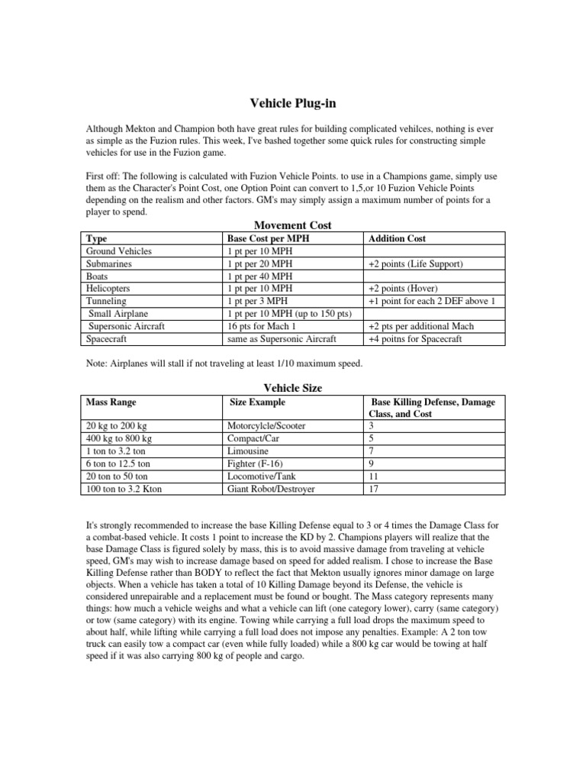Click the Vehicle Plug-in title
[292, 103]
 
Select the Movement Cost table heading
[292, 225]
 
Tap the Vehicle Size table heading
[292, 388]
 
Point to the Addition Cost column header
[397, 239]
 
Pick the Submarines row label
[114, 263]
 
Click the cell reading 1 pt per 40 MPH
[259, 276]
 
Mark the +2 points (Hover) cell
[407, 289]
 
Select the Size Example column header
[257, 402]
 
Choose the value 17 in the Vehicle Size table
[373, 488]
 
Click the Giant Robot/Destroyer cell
[271, 488]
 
